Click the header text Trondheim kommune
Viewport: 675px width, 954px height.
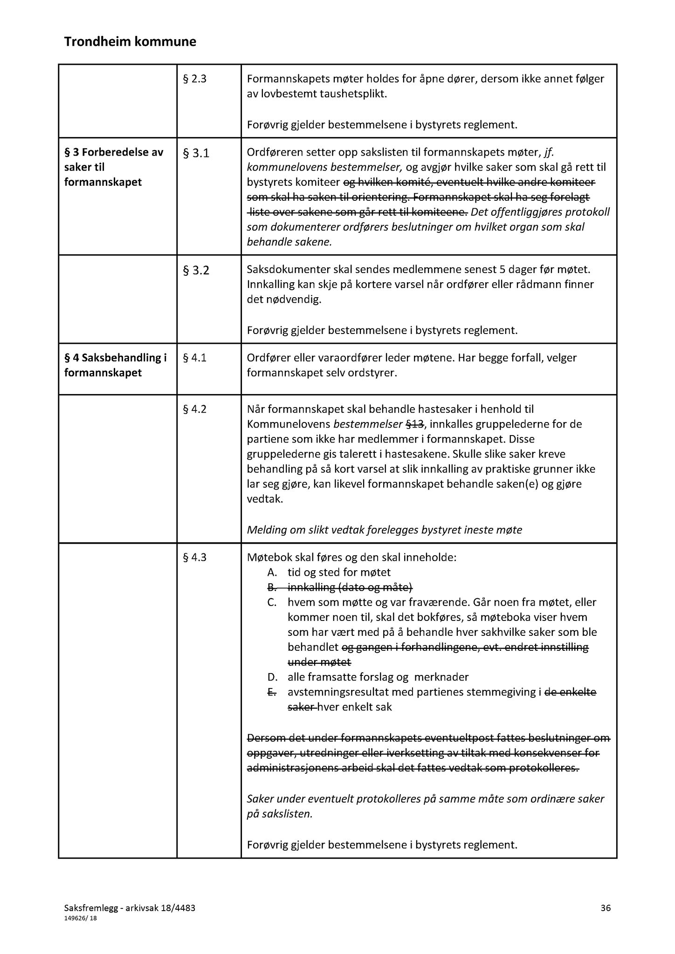pos(130,42)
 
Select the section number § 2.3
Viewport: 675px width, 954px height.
pos(194,79)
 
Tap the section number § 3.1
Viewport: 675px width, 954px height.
pos(196,153)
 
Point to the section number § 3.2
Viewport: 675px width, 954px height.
pos(196,270)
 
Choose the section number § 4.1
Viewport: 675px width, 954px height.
pos(194,358)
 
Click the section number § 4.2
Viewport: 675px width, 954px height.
pos(194,409)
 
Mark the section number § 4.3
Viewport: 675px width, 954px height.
pos(194,558)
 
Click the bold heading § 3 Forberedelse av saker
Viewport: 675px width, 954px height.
pos(114,167)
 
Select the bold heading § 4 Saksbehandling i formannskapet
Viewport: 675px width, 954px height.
pos(115,365)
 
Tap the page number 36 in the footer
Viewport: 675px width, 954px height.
pos(606,907)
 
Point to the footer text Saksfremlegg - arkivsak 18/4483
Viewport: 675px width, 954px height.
pos(130,907)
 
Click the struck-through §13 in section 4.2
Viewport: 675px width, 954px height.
pos(414,424)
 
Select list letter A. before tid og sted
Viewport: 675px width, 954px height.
pos(272,572)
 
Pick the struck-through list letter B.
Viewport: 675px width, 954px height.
pos(272,587)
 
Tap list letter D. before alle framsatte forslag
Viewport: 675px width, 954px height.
pos(273,677)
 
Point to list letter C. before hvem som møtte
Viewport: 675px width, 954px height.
pos(272,602)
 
